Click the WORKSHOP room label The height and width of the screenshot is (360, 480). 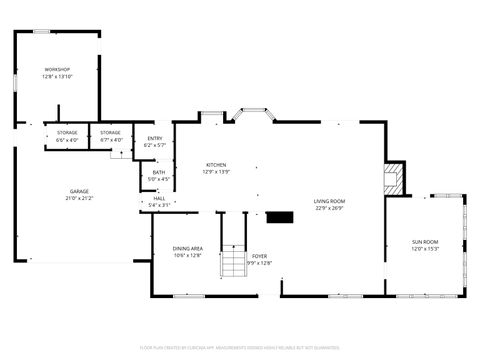56,69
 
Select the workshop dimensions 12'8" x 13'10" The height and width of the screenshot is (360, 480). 56,76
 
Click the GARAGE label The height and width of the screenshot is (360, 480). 79,191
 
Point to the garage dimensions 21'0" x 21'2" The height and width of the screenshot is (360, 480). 79,198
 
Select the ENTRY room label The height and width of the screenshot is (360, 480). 155,138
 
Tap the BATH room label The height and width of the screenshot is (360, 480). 159,172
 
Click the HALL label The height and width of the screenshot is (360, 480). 159,198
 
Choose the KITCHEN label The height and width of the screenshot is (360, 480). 217,165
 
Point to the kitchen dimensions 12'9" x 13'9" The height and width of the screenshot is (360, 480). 217,172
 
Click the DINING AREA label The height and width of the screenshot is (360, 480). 188,248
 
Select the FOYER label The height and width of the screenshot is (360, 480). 259,256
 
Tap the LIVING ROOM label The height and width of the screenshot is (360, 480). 329,201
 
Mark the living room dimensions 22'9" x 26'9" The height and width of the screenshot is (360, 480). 329,208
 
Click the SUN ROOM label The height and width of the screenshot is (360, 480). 425,242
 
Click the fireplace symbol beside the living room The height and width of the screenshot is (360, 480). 393,180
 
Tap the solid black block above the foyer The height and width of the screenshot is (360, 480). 279,216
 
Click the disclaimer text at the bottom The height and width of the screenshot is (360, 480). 240,349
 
